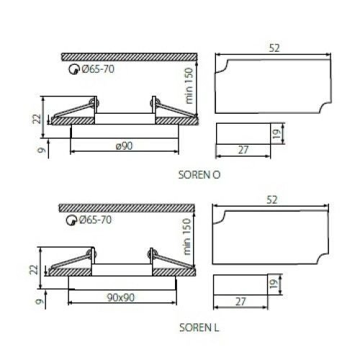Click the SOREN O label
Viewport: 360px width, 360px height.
click(x=199, y=174)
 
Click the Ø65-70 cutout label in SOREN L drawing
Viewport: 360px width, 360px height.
click(x=96, y=220)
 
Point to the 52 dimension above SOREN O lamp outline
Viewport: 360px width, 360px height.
click(x=274, y=48)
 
